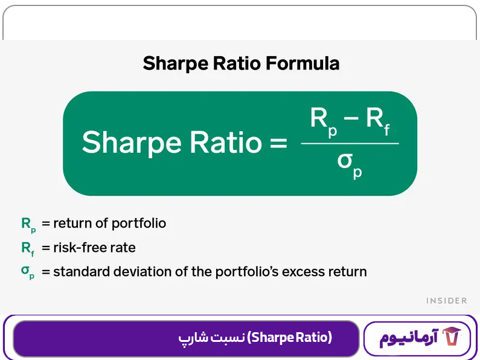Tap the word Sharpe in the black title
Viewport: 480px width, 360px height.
171,64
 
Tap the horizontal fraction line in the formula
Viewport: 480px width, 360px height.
350,144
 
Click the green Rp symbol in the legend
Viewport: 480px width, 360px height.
28,224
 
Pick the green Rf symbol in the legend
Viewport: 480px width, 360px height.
28,248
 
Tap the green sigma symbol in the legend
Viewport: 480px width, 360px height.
28,272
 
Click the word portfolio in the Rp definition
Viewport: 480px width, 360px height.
138,223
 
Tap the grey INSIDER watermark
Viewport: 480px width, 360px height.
446,300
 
